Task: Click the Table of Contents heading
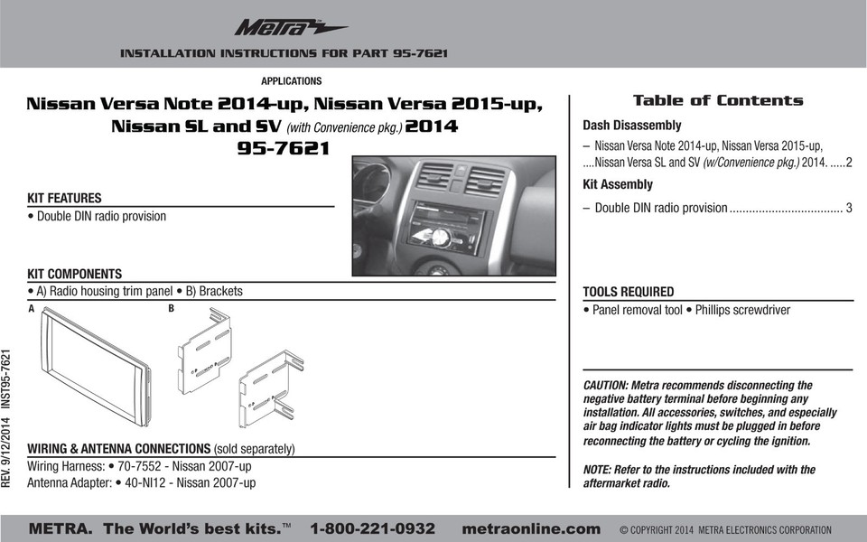[x=718, y=100]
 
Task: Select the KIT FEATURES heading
[x=64, y=198]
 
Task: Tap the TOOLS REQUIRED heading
[x=628, y=292]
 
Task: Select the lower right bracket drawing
[x=269, y=389]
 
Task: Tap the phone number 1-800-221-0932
[x=372, y=528]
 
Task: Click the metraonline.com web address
[x=530, y=528]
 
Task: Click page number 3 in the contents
[x=849, y=209]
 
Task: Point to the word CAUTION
[x=609, y=386]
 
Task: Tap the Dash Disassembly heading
[x=631, y=126]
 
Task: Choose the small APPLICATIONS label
[x=291, y=81]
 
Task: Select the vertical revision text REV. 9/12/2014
[x=7, y=448]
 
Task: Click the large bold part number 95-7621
[x=284, y=148]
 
